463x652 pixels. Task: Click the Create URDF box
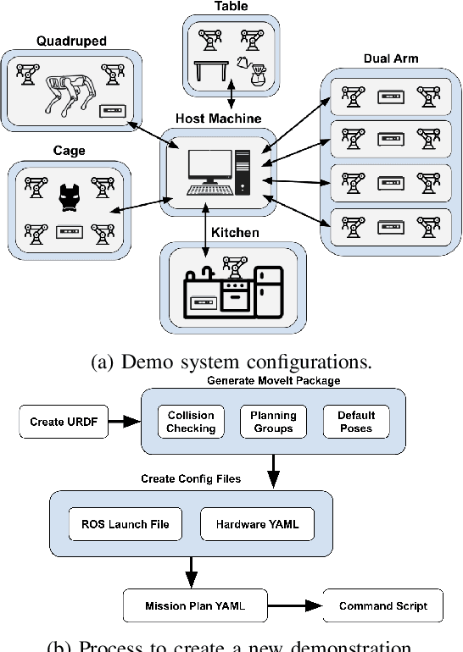(x=64, y=422)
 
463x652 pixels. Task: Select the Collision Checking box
(x=192, y=422)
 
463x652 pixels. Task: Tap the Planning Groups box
(x=272, y=422)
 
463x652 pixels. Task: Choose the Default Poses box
(x=357, y=422)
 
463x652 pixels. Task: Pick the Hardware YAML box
(x=250, y=524)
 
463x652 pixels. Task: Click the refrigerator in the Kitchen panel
(x=270, y=293)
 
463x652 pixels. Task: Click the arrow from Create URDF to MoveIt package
(x=124, y=422)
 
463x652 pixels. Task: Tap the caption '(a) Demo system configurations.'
(x=231, y=362)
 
